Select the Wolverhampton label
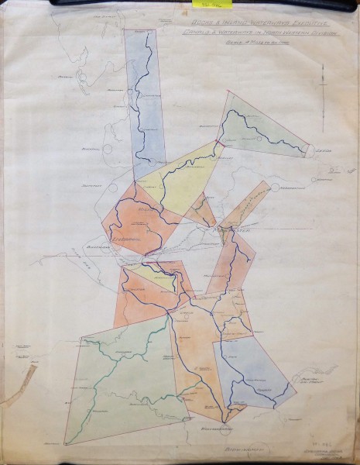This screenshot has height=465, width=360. pyautogui.click(x=207, y=428)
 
